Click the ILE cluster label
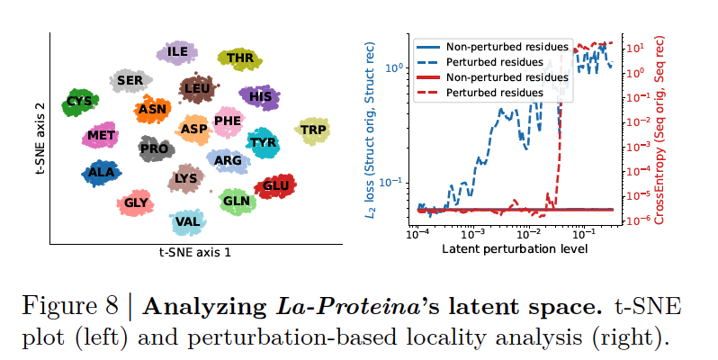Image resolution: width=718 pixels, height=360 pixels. click(177, 51)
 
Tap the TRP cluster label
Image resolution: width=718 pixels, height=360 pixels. click(313, 130)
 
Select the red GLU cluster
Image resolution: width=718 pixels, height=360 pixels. click(274, 187)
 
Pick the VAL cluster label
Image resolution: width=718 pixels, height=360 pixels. click(188, 221)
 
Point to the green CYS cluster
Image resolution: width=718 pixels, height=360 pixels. click(80, 102)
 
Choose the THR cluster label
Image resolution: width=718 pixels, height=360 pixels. click(240, 59)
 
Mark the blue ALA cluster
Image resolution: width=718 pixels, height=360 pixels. click(102, 173)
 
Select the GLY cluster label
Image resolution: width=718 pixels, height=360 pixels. click(136, 203)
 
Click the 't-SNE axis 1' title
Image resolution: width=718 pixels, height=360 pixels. click(194, 253)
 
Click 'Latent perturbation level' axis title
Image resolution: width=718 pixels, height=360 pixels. click(514, 248)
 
